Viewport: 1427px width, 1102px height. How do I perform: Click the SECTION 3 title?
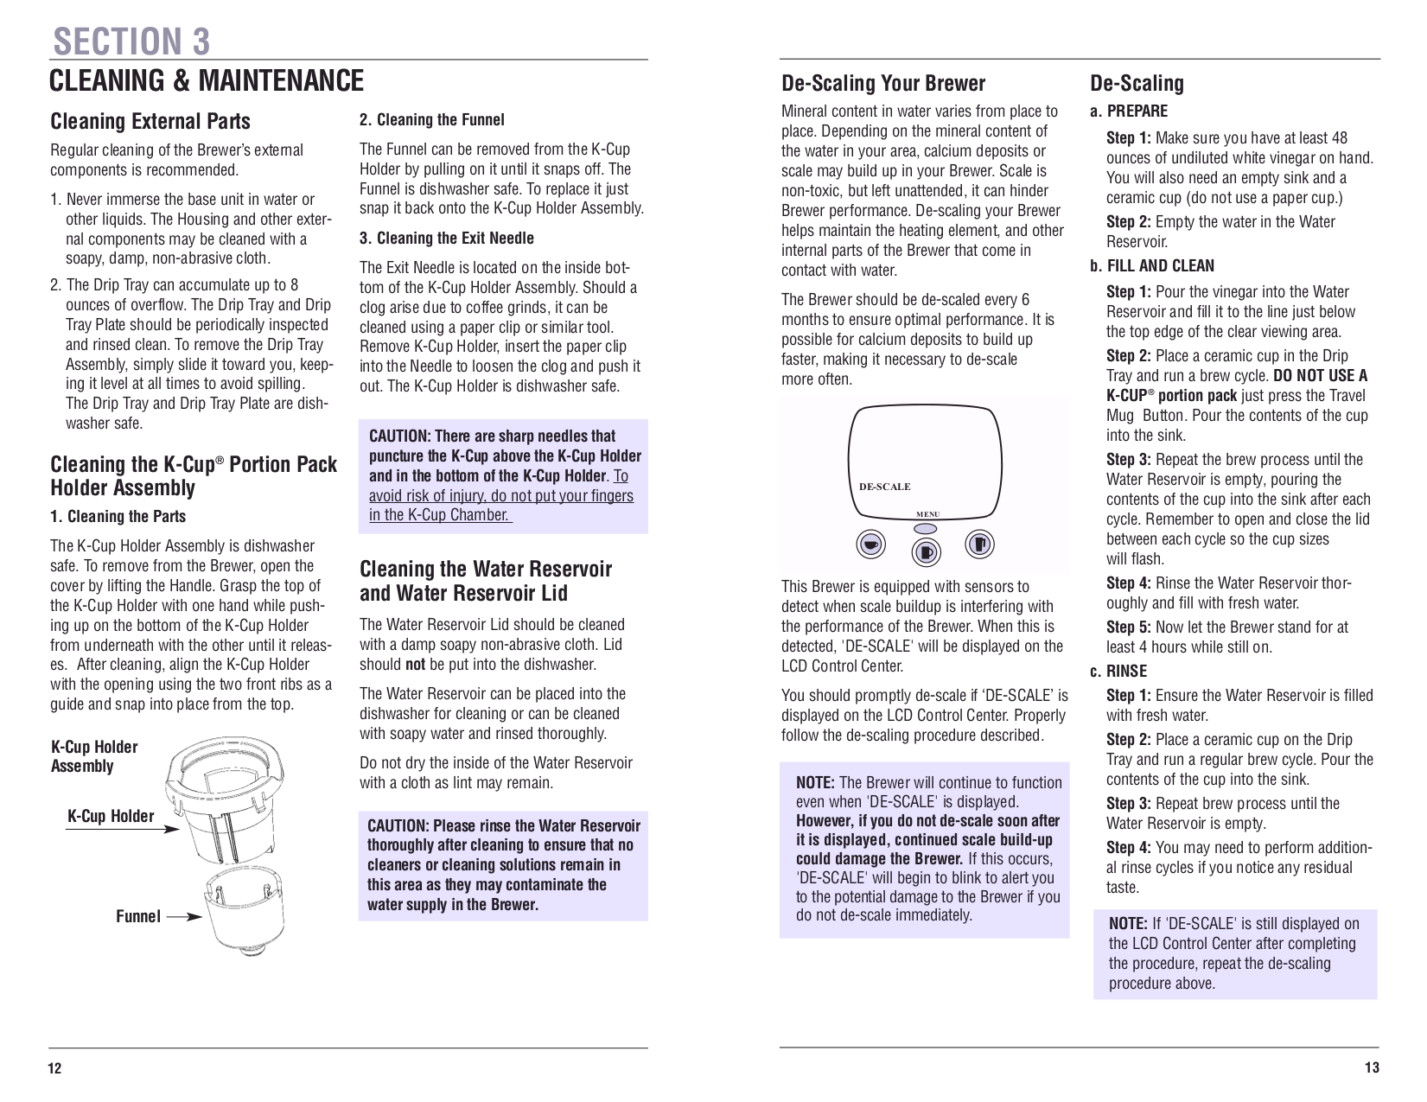(131, 41)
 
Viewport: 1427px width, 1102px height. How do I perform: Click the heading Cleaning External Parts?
(150, 121)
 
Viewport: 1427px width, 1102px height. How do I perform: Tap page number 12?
(54, 1068)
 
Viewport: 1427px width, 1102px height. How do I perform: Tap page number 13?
(1372, 1067)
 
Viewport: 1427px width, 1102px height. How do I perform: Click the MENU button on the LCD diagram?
(926, 528)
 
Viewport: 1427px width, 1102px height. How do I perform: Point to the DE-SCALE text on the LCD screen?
(884, 487)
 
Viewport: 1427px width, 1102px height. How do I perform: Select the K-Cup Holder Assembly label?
(93, 756)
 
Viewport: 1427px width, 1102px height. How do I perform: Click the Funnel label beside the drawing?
(138, 916)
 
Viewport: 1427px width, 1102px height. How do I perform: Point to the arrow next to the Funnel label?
(183, 916)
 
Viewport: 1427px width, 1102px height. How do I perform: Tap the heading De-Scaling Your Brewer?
(882, 83)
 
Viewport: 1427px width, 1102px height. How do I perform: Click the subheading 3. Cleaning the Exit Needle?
(446, 238)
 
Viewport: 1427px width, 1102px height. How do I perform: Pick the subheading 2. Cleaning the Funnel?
(431, 119)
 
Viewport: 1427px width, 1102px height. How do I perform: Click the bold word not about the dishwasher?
(415, 665)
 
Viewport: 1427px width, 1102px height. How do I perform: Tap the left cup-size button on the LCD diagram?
(871, 545)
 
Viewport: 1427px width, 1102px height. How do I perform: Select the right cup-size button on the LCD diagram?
(979, 545)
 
